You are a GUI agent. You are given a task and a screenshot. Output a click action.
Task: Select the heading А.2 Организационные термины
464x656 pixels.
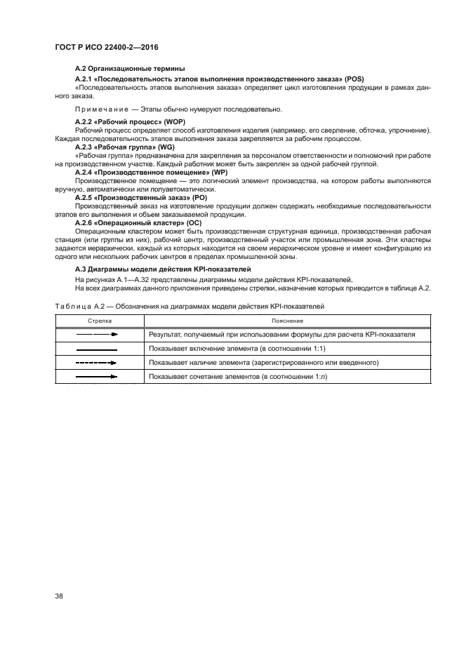[130, 68]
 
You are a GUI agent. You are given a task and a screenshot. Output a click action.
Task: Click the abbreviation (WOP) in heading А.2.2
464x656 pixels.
[174, 122]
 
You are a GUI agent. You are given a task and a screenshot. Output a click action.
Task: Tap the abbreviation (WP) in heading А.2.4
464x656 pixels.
[218, 172]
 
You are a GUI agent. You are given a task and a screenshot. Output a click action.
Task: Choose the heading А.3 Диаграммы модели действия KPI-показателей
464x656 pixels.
[163, 269]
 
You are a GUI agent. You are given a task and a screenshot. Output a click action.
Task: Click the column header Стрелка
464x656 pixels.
[100, 320]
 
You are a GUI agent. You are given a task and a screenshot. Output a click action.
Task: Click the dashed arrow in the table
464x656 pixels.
[96, 363]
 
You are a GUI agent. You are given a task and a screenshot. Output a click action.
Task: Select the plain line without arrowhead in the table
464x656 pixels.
[96, 349]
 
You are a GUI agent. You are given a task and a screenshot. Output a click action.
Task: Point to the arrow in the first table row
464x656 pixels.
[97, 335]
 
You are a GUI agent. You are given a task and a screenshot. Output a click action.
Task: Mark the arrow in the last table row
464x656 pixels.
[96, 377]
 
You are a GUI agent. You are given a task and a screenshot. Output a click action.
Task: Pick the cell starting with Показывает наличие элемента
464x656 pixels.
[264, 363]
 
